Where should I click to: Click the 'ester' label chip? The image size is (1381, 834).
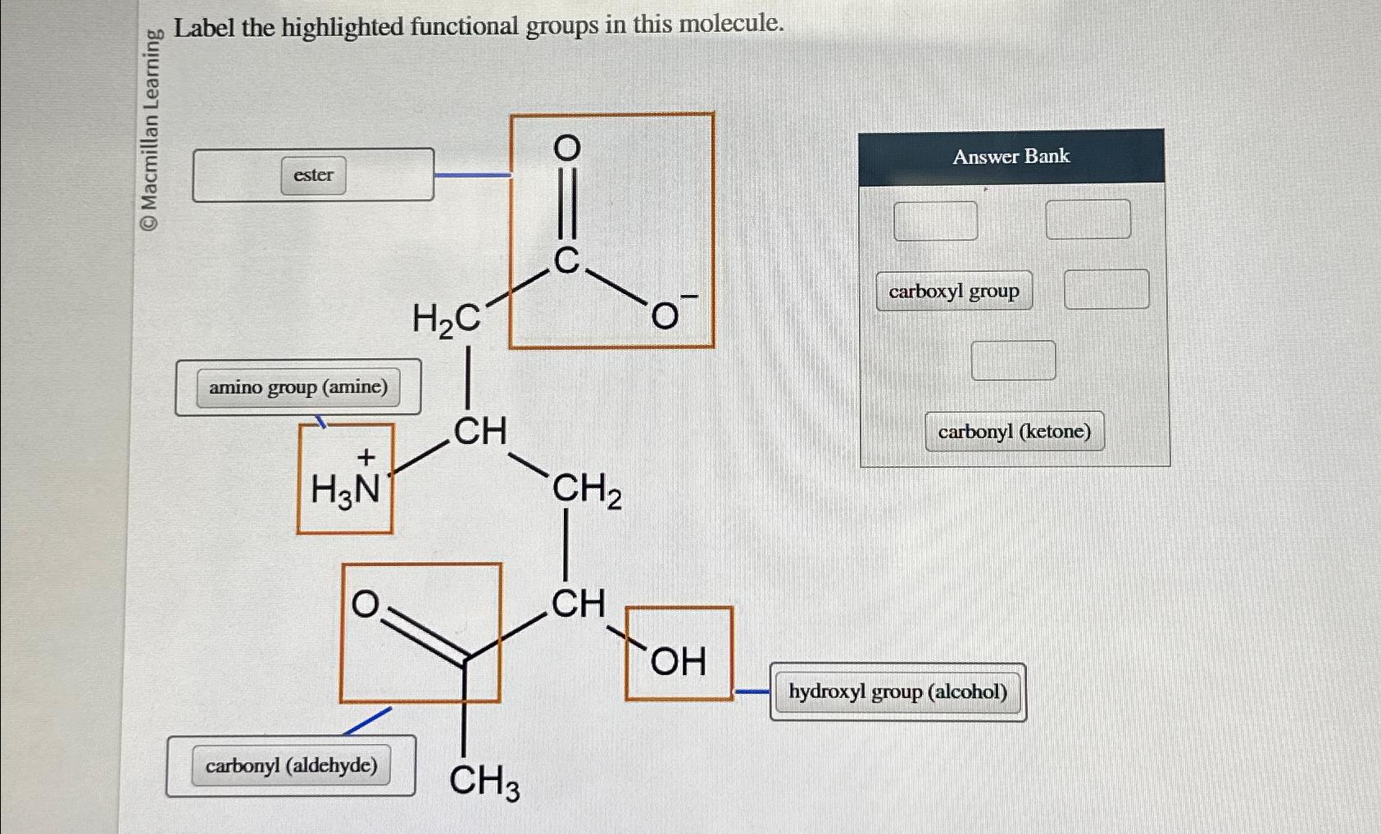click(313, 175)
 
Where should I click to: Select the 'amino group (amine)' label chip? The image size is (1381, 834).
click(298, 387)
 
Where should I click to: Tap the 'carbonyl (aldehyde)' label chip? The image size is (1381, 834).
click(291, 765)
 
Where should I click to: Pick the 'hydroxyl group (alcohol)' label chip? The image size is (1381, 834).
click(897, 692)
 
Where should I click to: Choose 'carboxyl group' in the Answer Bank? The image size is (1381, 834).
click(954, 291)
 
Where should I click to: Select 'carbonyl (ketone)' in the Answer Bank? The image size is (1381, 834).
click(1014, 432)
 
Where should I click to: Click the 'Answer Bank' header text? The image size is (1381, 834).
click(1011, 156)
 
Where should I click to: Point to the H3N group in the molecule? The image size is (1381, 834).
click(345, 489)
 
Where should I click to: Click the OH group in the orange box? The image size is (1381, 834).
click(678, 661)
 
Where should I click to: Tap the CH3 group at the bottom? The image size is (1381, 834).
click(484, 780)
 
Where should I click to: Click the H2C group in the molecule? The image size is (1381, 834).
click(446, 319)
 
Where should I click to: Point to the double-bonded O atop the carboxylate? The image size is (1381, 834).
click(567, 148)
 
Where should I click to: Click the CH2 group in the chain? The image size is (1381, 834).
click(586, 490)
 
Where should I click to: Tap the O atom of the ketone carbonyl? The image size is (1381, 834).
click(366, 605)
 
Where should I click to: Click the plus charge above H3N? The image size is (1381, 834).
click(366, 456)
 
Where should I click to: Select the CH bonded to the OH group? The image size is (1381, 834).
click(578, 604)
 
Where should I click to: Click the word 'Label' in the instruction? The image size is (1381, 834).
click(204, 28)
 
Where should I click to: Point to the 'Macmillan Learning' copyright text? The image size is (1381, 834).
click(150, 131)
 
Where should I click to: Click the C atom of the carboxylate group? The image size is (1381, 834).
click(567, 261)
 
